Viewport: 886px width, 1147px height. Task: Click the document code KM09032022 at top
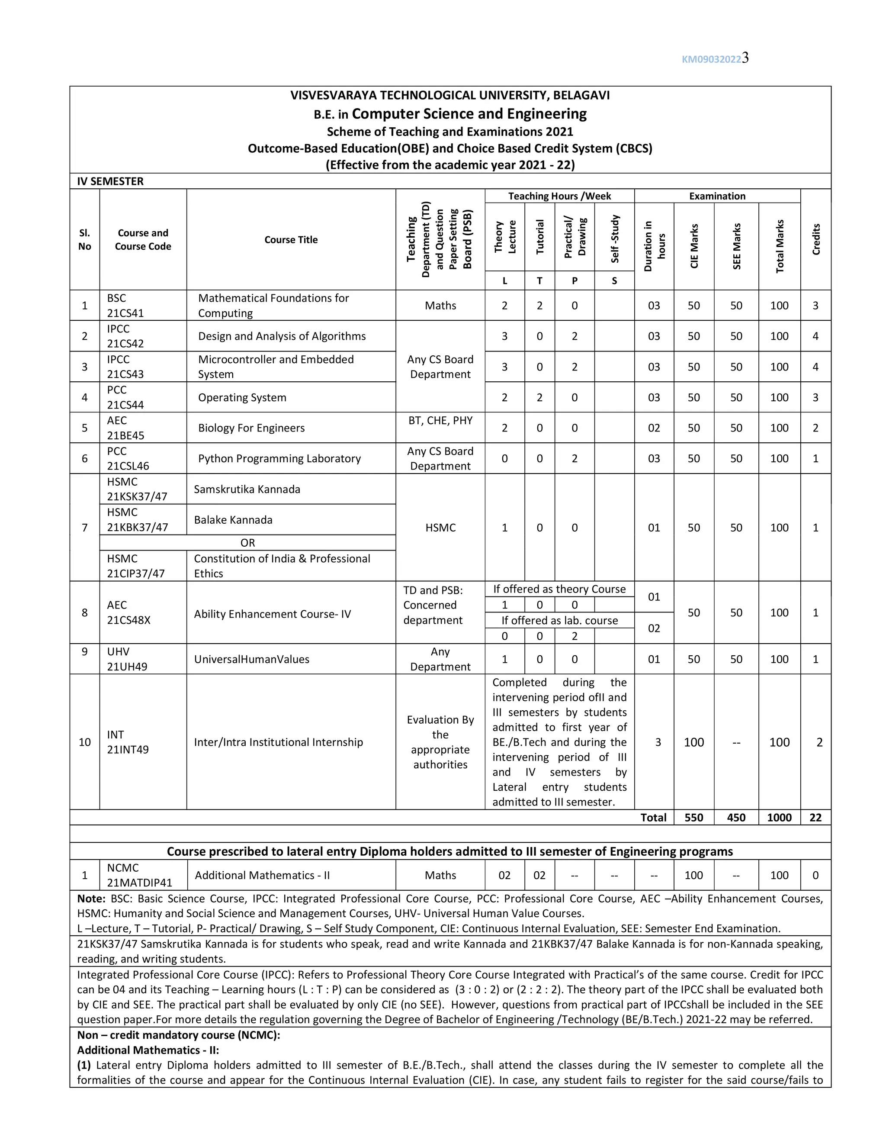(x=711, y=59)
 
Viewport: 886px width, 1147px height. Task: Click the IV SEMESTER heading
(x=110, y=181)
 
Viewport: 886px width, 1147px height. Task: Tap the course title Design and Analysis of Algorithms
(x=282, y=336)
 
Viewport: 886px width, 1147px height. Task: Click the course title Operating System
(x=242, y=398)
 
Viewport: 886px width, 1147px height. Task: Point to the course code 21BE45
(x=125, y=435)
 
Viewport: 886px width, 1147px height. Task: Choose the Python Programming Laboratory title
(x=279, y=458)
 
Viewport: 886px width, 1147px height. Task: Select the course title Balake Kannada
(x=233, y=520)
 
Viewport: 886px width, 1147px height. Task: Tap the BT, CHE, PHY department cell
(x=440, y=421)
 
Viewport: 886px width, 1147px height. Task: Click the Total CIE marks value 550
(x=693, y=818)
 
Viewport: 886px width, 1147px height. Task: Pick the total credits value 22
(x=815, y=818)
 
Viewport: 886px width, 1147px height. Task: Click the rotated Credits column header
(x=815, y=239)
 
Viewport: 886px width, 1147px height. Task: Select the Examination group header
(x=717, y=197)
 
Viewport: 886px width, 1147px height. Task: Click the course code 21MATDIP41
(x=139, y=883)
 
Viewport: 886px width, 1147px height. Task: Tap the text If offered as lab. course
(x=559, y=621)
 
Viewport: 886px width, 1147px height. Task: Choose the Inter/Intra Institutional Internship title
(x=278, y=742)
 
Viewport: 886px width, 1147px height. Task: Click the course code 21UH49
(x=127, y=667)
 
